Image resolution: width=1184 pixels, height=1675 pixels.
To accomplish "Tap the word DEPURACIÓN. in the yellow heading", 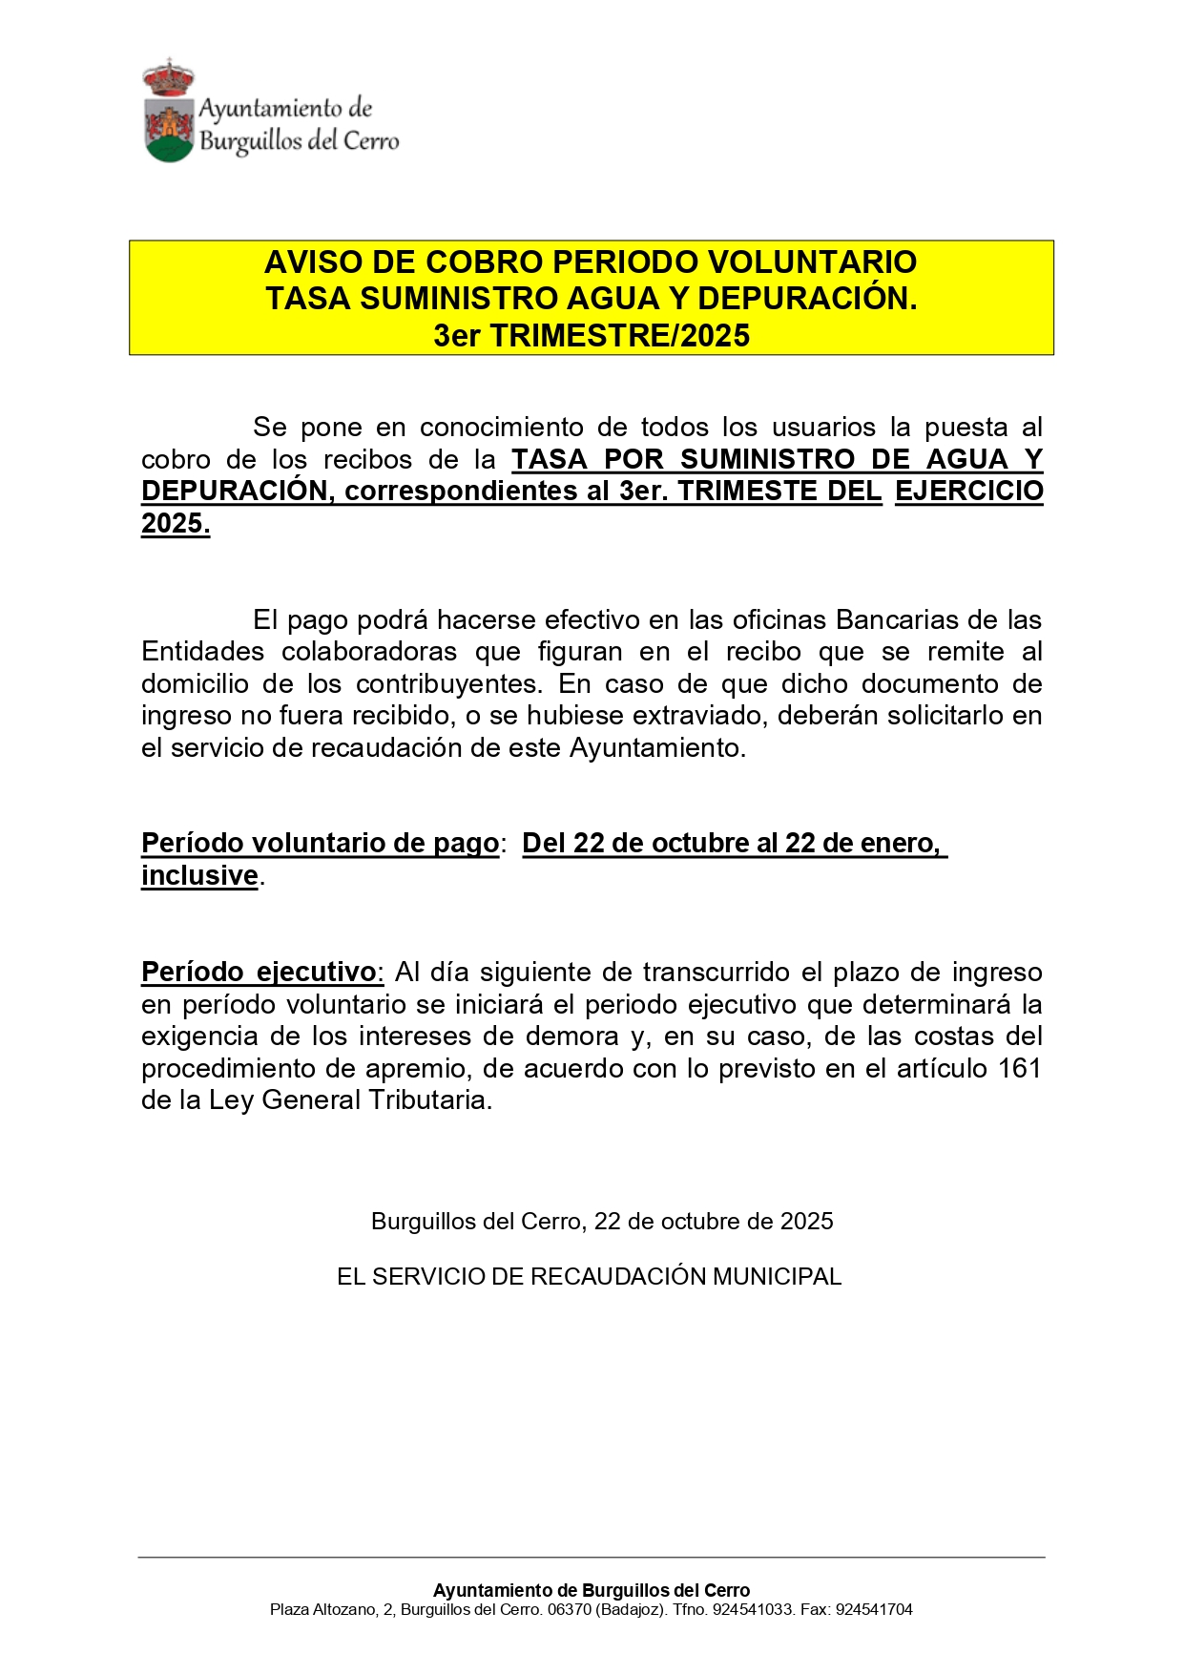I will click(x=807, y=299).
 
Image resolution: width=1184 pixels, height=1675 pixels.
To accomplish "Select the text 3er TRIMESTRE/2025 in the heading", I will click(x=592, y=336).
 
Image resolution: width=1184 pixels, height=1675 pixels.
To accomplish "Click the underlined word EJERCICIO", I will click(x=968, y=492).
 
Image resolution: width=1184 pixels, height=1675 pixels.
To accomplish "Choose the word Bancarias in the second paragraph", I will click(x=897, y=620).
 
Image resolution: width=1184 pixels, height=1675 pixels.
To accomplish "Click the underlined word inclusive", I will click(x=200, y=876).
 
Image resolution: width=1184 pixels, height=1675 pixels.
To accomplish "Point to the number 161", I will click(x=1019, y=1069).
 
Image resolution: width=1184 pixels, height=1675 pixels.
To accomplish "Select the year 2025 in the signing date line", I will click(x=806, y=1222).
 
